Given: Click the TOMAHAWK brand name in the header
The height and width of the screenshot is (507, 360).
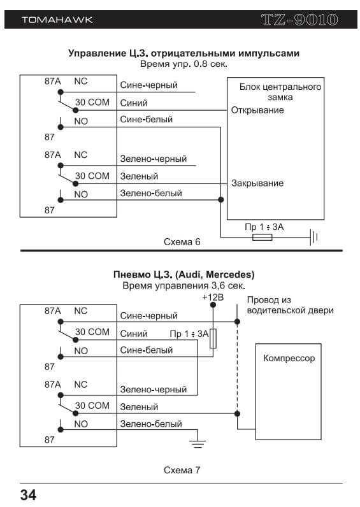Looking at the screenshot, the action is click(57, 20).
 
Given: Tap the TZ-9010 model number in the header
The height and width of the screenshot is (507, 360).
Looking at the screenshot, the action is click(299, 20).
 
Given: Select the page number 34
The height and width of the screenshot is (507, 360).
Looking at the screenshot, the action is click(29, 495).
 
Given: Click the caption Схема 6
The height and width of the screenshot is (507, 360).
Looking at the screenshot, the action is click(182, 242).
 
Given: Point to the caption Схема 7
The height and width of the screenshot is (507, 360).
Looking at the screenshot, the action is click(182, 470).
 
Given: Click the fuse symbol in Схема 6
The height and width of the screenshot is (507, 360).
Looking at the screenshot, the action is click(263, 238).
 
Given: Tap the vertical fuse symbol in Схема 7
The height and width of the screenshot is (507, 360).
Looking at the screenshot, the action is click(213, 339).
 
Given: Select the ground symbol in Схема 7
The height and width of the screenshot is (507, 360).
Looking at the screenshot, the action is click(198, 443).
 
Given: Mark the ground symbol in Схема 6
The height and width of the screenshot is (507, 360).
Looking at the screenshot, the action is click(313, 238).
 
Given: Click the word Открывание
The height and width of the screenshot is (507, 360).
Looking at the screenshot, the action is click(257, 110).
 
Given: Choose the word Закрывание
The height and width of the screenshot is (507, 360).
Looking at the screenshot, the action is click(257, 183).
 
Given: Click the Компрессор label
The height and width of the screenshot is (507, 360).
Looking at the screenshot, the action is click(289, 358).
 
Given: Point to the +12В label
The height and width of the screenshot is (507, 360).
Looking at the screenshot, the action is click(213, 297).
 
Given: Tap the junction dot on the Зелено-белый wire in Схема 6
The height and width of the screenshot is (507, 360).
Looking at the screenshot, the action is click(221, 200).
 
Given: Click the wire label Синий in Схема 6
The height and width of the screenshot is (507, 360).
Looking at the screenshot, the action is click(134, 103).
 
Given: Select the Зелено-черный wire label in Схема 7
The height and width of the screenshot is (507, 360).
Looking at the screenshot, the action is click(154, 389).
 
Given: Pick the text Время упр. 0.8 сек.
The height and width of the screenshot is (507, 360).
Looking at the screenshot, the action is click(184, 64).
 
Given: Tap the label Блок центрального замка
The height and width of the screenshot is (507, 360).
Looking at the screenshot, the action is click(280, 92).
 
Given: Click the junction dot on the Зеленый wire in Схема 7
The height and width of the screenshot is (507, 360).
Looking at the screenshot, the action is click(237, 413).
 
